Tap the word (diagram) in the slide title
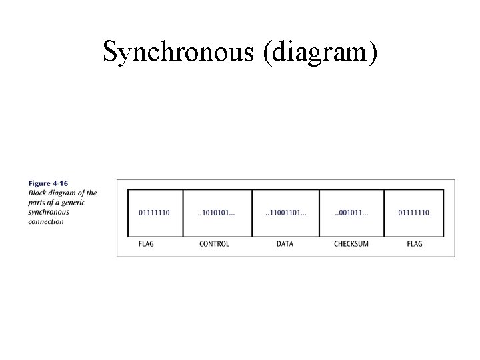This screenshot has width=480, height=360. tap(320, 52)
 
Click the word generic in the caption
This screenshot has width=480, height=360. tap(84, 203)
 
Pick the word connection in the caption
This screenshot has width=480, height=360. tap(46, 221)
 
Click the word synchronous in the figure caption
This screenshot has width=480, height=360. tap(49, 212)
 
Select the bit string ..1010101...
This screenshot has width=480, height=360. tap(217, 213)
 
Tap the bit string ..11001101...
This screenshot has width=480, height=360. tap(285, 213)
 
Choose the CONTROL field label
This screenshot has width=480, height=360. tap(214, 244)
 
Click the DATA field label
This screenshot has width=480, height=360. tap(285, 244)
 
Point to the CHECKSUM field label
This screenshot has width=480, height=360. tap(351, 244)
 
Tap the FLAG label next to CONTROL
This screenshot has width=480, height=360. tap(146, 244)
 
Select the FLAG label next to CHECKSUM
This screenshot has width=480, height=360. tap(414, 244)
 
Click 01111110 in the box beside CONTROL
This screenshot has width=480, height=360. tap(154, 213)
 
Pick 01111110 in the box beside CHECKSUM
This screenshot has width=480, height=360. tap(414, 213)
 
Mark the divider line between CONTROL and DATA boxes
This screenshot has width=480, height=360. tap(252, 213)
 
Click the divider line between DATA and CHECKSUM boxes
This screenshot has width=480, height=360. tap(319, 213)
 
